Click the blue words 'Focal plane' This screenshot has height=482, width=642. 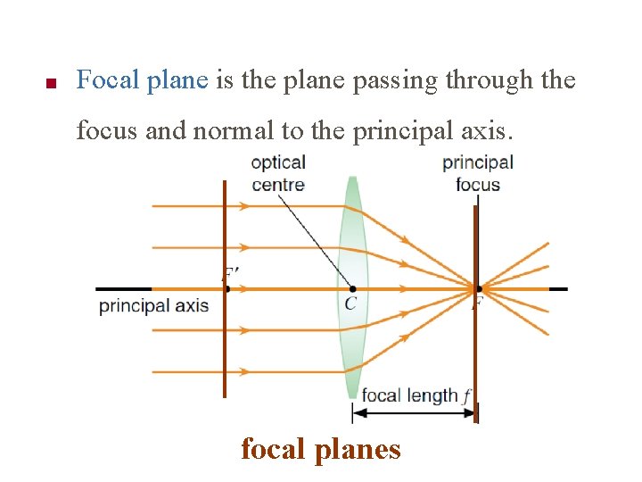click(x=142, y=81)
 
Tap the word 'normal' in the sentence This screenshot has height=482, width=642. click(x=233, y=131)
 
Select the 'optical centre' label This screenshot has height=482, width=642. click(x=278, y=174)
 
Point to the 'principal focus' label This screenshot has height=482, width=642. click(x=478, y=174)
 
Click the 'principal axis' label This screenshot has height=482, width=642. click(x=153, y=306)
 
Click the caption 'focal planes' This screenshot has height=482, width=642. click(x=321, y=448)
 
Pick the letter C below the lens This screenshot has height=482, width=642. click(x=350, y=304)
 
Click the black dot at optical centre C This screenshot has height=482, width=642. click(x=353, y=288)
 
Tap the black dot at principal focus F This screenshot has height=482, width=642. click(x=479, y=288)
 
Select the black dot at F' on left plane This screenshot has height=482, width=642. click(x=226, y=288)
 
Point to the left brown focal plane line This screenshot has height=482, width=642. click(x=225, y=357)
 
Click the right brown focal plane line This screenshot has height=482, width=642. click(x=476, y=357)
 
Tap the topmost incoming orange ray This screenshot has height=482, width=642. click(x=187, y=206)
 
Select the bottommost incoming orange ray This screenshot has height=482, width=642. click(x=187, y=371)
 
